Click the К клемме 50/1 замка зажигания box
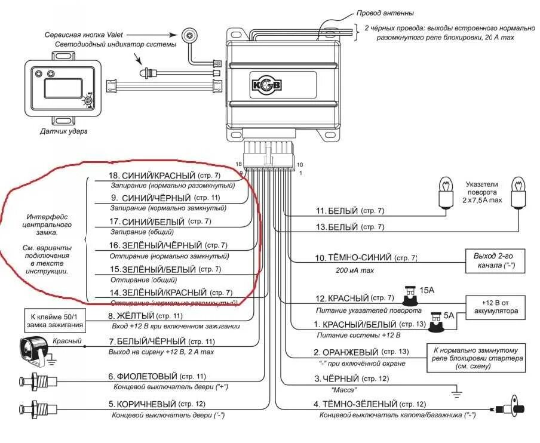click(x=54, y=321)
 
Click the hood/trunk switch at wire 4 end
click(x=508, y=410)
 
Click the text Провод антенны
click(x=385, y=13)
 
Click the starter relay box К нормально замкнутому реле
click(x=475, y=357)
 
